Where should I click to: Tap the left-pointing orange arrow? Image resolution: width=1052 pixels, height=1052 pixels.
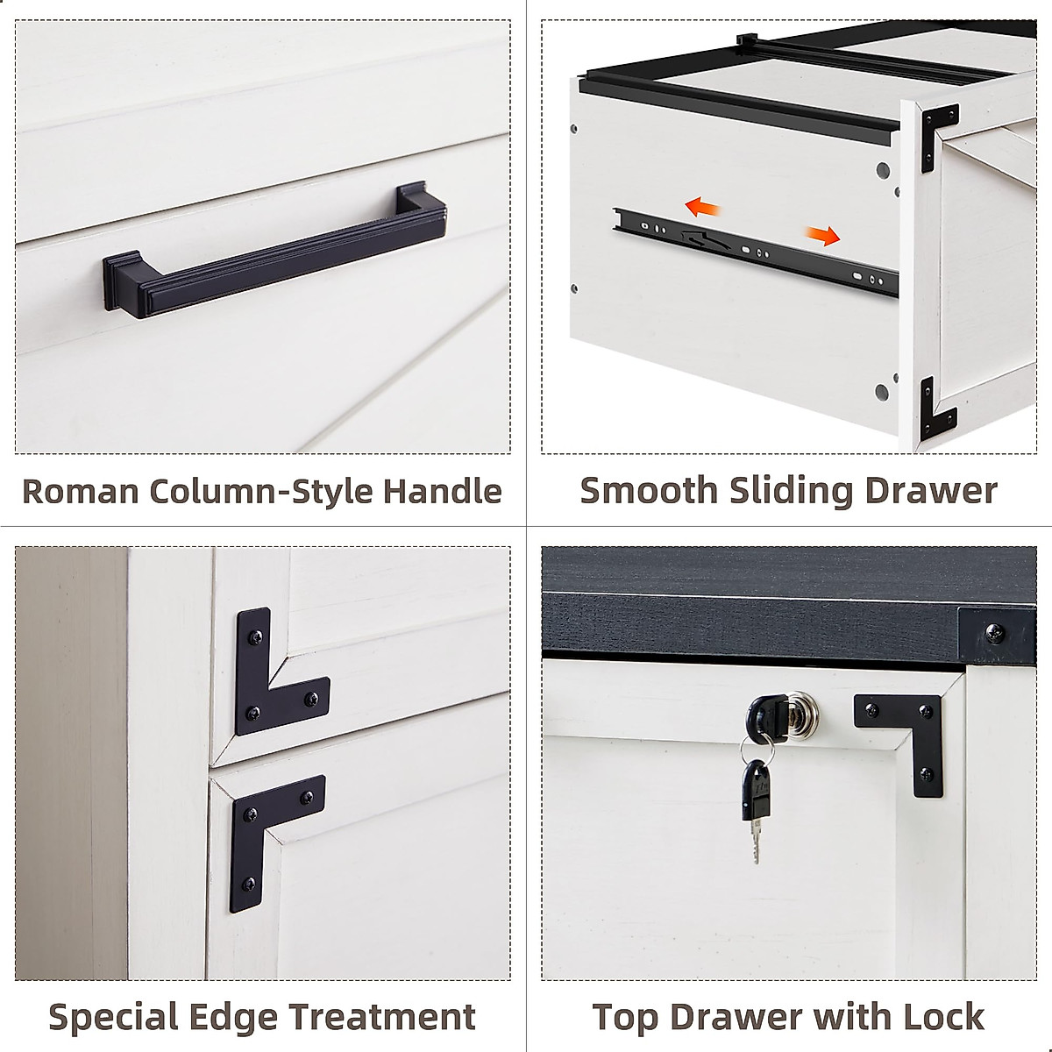[703, 207]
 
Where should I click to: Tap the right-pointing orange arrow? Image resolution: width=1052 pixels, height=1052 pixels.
[821, 235]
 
